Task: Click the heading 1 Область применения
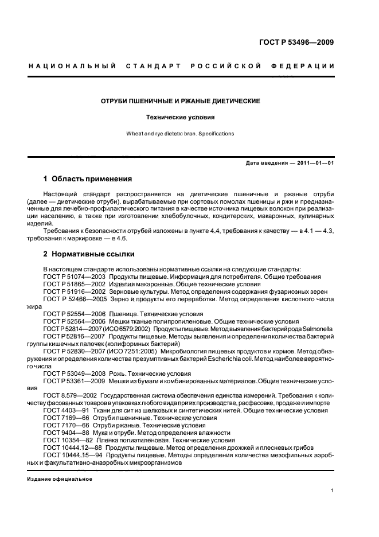[87, 178]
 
